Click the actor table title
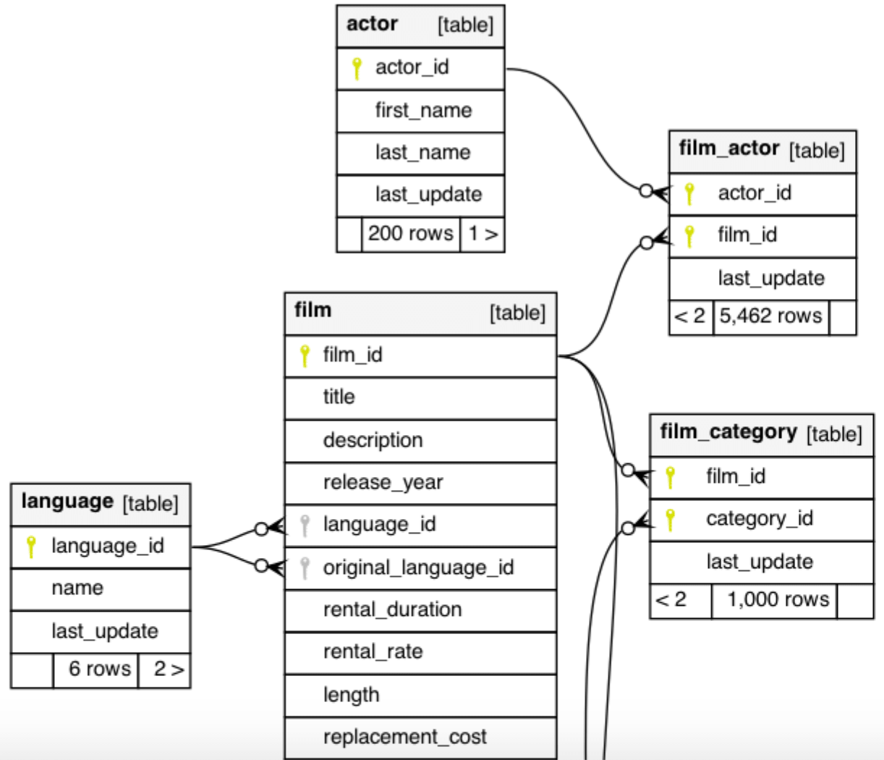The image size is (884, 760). [x=372, y=24]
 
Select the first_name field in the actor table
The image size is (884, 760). [x=423, y=111]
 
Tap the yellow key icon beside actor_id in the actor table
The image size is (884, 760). [x=356, y=68]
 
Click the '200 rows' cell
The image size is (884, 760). [x=410, y=234]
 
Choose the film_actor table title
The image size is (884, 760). [x=729, y=148]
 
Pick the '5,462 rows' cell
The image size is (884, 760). [x=770, y=316]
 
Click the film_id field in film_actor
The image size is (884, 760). [x=747, y=235]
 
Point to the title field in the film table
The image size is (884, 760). [x=339, y=397]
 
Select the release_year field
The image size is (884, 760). [x=383, y=482]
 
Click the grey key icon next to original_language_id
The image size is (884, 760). [x=305, y=567]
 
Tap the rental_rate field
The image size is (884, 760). [x=373, y=651]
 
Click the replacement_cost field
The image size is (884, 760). [x=404, y=737]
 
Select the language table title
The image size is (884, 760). [x=67, y=502]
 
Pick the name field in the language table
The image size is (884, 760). [x=77, y=588]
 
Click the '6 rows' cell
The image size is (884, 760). [x=99, y=669]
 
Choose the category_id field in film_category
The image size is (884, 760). [x=760, y=519]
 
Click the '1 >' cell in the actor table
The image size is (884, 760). [x=483, y=234]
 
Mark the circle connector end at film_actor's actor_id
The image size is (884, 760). [x=646, y=191]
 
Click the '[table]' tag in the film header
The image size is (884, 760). [x=517, y=312]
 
